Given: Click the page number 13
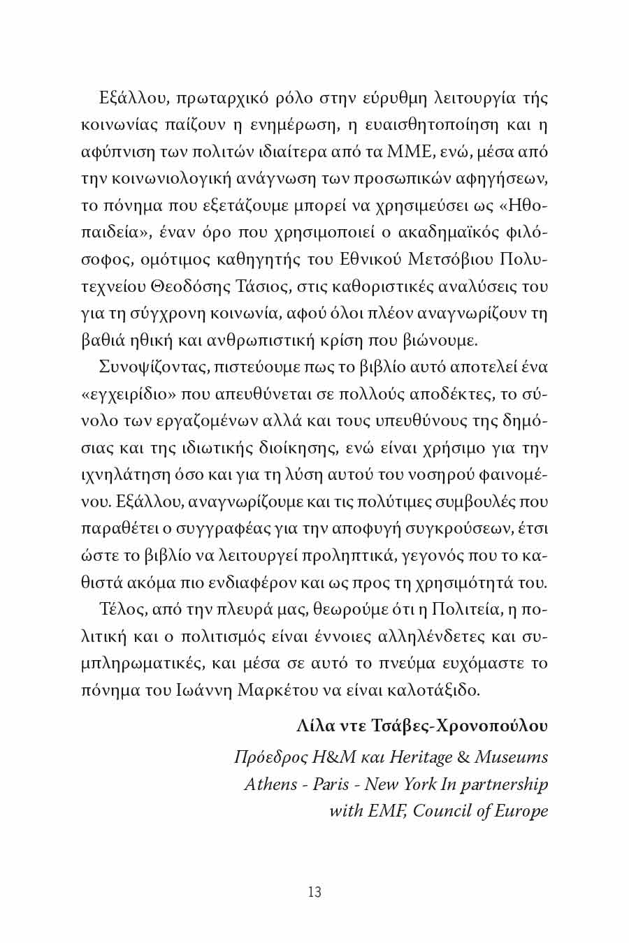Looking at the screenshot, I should pos(314,892).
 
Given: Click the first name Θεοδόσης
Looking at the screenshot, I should pos(203,286).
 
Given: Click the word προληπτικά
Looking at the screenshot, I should pos(343,555).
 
